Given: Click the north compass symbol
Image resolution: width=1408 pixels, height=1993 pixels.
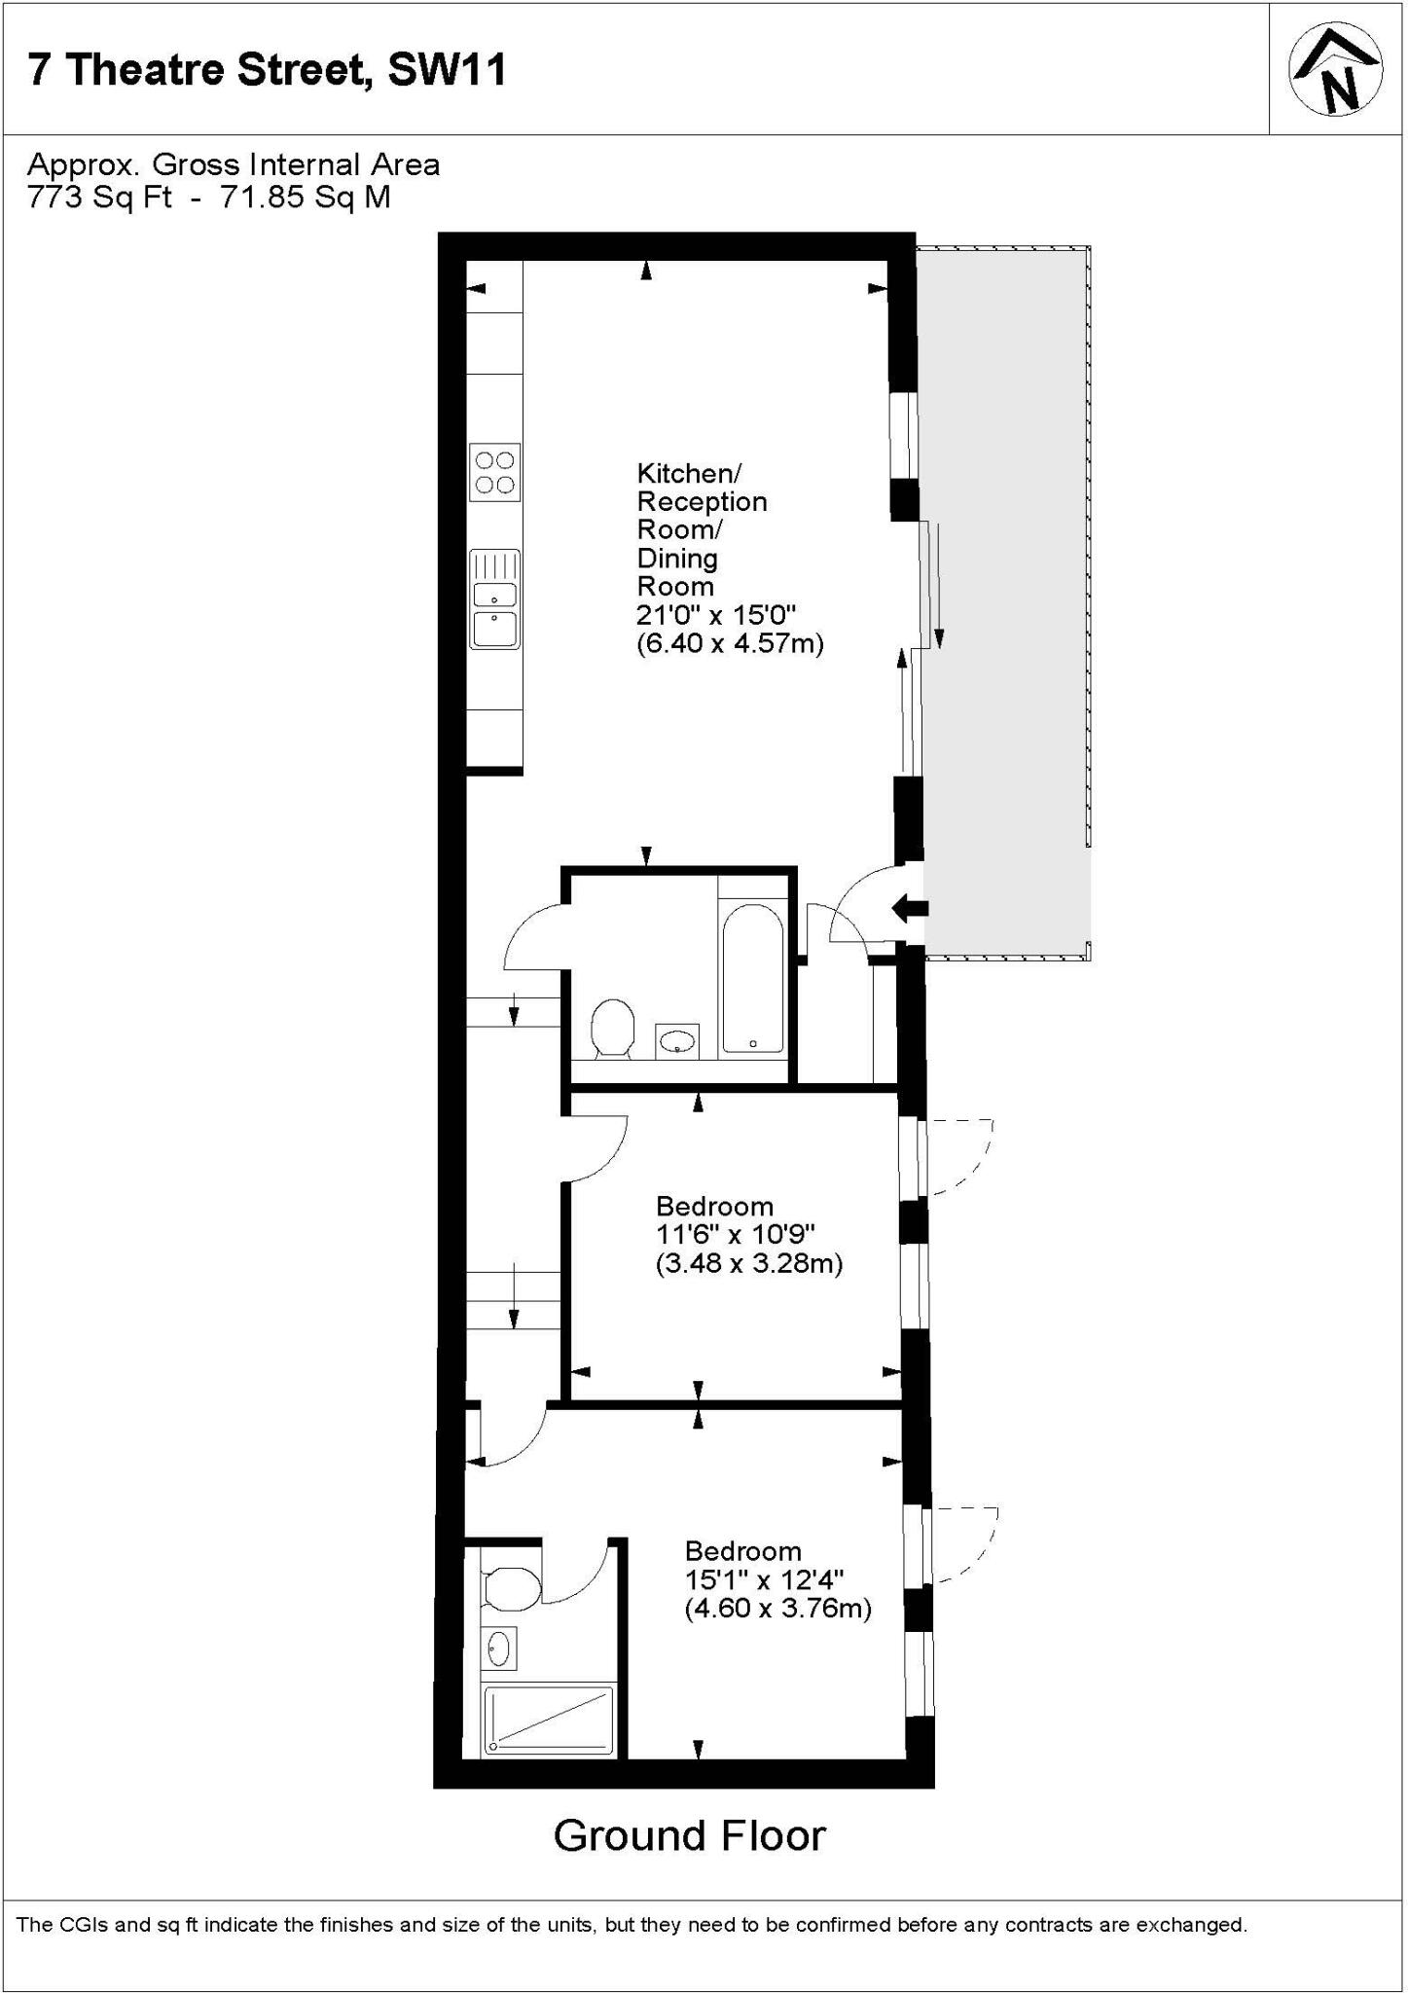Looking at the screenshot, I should tap(1336, 69).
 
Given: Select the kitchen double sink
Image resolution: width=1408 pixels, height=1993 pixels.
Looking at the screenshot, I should tap(494, 599).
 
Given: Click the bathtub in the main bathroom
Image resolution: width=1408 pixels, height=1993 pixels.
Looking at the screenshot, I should tap(752, 978).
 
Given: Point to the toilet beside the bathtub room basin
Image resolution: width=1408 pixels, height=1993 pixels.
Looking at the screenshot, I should tap(613, 1028).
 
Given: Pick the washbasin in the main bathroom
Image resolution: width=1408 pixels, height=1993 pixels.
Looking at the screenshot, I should tap(677, 1040).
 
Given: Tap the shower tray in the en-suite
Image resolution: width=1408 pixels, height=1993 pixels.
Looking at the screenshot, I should tap(550, 1721).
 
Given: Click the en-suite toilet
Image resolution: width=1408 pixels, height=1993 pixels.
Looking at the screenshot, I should tap(510, 1590).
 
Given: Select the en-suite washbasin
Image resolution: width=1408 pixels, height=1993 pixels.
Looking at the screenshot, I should tap(499, 1649).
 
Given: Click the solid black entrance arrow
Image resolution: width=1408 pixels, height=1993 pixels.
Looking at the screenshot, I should tap(911, 909).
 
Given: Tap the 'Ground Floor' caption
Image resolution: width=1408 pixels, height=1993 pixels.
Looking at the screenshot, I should tap(689, 1836).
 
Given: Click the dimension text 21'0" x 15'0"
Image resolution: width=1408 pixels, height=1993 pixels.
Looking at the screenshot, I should tap(716, 615).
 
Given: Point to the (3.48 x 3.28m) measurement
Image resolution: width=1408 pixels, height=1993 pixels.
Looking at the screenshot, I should tap(748, 1263).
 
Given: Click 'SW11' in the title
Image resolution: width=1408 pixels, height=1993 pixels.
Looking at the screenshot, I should tap(447, 70).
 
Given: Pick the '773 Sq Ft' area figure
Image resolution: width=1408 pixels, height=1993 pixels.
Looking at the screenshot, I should tap(99, 198).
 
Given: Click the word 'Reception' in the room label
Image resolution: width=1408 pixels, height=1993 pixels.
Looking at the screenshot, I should tap(702, 502).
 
